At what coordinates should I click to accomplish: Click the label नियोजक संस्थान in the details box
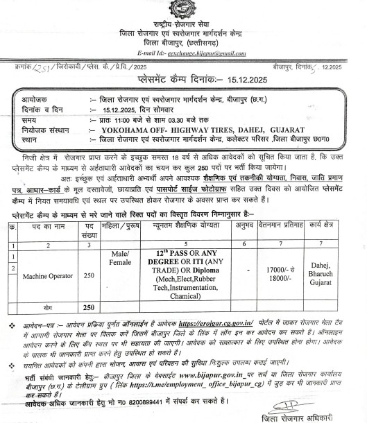pyautogui.click(x=45, y=128)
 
